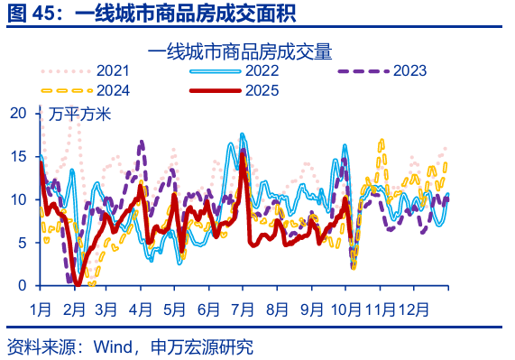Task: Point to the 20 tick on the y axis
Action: pyautogui.click(x=19, y=113)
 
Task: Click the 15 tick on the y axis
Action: pyautogui.click(x=19, y=156)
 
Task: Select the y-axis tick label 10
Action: pyautogui.click(x=19, y=199)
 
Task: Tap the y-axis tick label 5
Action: pyautogui.click(x=23, y=243)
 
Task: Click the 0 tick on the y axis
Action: pyautogui.click(x=23, y=285)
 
